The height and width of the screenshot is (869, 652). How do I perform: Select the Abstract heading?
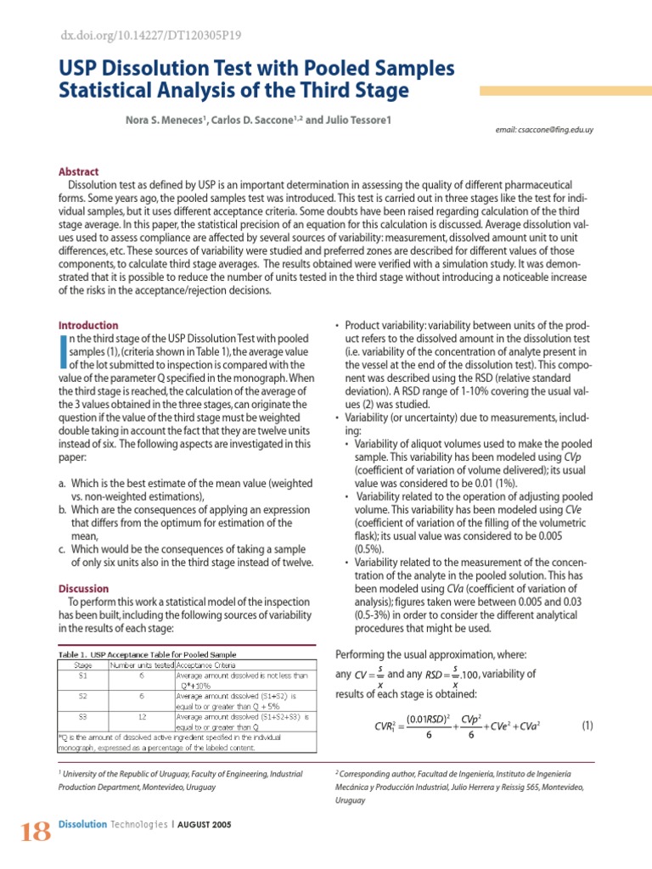point(78,171)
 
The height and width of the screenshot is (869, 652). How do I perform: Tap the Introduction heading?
point(88,325)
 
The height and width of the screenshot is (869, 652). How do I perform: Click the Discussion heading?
point(83,588)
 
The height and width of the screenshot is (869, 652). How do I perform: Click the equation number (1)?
point(587,726)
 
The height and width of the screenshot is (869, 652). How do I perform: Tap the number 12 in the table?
point(142,715)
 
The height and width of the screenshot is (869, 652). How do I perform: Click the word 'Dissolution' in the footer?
point(82,824)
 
